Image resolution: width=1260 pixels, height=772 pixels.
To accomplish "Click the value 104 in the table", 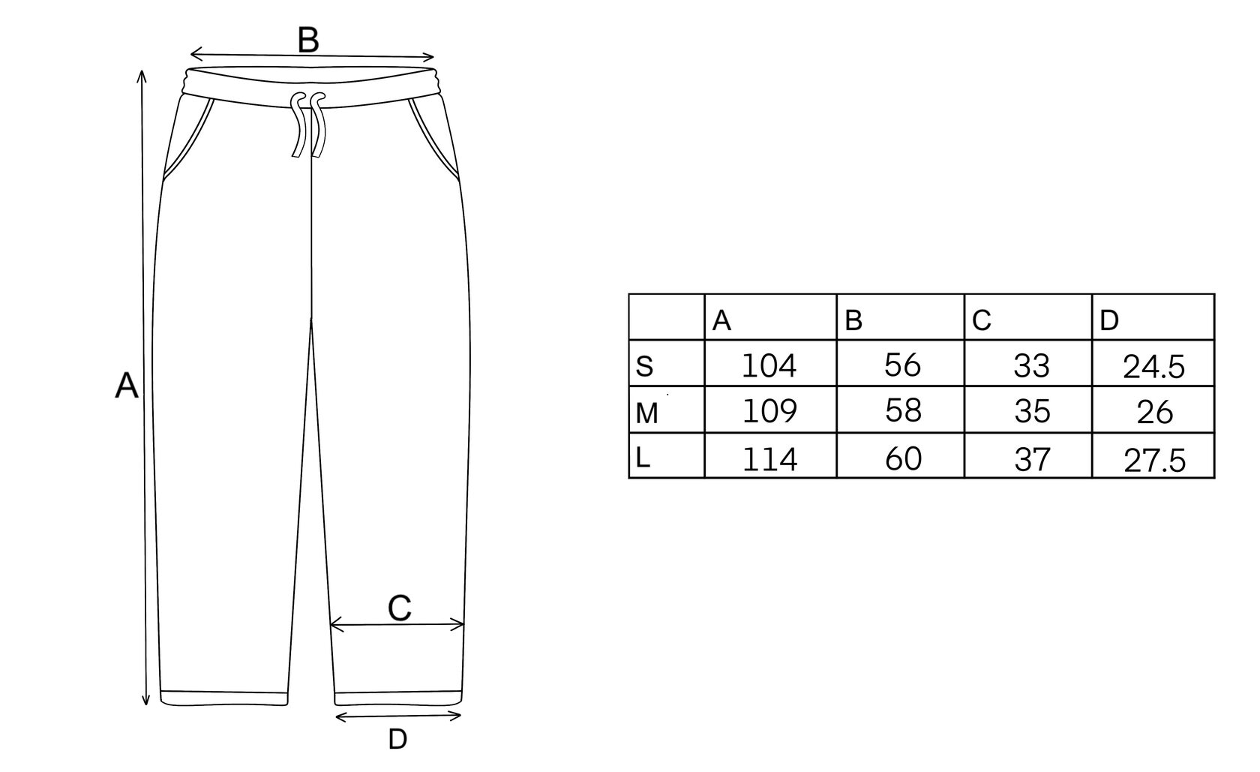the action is pos(769,365).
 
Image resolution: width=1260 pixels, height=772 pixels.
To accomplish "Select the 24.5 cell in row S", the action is pos(1153,367).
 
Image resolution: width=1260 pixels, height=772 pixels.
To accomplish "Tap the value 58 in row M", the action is pos(902,411).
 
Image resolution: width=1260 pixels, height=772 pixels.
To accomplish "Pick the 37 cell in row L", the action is pos(1032,458).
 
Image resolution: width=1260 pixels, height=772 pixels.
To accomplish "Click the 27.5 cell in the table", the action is pos(1154,460).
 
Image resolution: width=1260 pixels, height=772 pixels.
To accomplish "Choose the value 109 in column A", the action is pos(769,411).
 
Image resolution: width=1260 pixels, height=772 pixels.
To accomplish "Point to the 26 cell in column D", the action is pos(1154,412).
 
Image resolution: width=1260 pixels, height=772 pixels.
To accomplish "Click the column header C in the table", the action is pos(982,321).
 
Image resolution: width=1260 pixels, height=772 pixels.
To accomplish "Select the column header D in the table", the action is pos(1109,321).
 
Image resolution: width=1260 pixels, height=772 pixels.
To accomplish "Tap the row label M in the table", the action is pos(646,413).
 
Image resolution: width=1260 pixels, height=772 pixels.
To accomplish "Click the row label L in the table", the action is pos(643,458).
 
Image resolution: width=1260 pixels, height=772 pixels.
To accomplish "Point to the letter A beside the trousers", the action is pos(127,387).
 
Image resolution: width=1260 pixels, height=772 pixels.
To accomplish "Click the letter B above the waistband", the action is pos(308,40).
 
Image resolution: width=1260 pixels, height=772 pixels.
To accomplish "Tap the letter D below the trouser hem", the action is pos(397,740).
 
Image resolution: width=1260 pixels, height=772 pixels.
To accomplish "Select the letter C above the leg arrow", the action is pos(400,608).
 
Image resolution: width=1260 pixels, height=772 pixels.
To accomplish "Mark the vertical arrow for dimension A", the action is pos(145,387).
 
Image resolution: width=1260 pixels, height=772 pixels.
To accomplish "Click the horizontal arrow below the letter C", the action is pos(397,623).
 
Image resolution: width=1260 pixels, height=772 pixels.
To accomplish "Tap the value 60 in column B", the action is pos(902,458).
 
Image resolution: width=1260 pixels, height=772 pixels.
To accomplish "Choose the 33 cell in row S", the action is pos(1032,365).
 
